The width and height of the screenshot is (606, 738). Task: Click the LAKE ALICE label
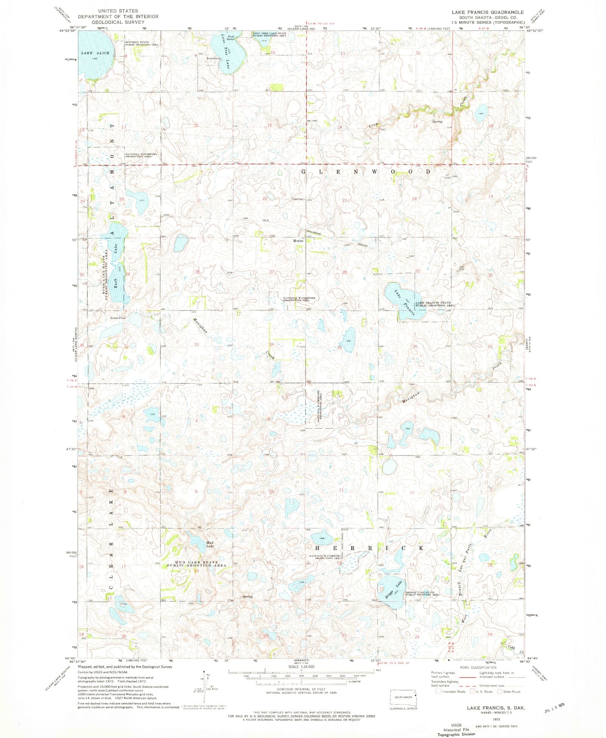point(95,53)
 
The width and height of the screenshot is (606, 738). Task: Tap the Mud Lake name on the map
point(210,544)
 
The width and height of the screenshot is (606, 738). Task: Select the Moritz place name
point(298,241)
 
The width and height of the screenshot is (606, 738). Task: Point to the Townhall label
point(298,199)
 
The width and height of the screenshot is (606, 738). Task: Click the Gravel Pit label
point(117,318)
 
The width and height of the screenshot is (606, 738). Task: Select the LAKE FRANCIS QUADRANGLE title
point(487,12)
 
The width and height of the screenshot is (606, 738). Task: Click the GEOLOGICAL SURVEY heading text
point(118,22)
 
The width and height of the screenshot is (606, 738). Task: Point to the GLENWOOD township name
point(366,172)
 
